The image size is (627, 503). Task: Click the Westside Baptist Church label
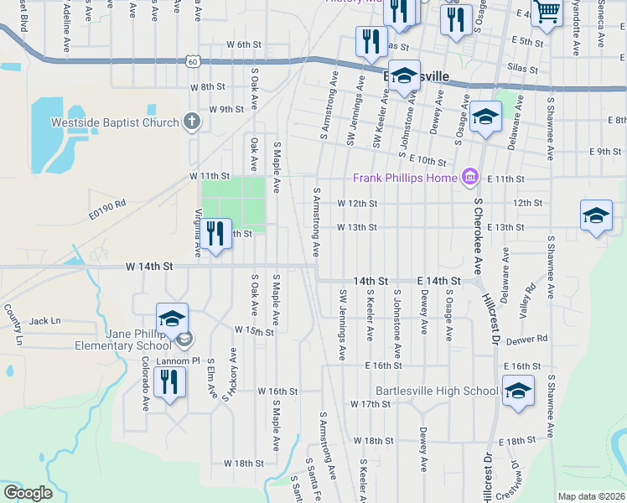(115, 122)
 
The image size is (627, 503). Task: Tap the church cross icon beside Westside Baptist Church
(192, 122)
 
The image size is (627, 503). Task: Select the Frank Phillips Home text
(405, 178)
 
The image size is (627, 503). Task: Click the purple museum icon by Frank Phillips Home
(470, 177)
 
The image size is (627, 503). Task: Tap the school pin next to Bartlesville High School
(517, 391)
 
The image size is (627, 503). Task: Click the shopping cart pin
(547, 12)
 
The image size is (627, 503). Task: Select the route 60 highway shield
(193, 61)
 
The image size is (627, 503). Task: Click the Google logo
(28, 493)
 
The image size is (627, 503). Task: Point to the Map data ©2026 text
(590, 496)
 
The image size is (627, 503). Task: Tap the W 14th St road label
(148, 266)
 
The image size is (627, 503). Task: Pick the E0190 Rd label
(106, 203)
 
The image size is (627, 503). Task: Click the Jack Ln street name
(45, 321)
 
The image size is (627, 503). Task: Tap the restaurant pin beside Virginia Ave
(216, 234)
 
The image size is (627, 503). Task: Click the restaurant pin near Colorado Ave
(170, 382)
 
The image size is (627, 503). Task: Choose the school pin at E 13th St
(596, 215)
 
